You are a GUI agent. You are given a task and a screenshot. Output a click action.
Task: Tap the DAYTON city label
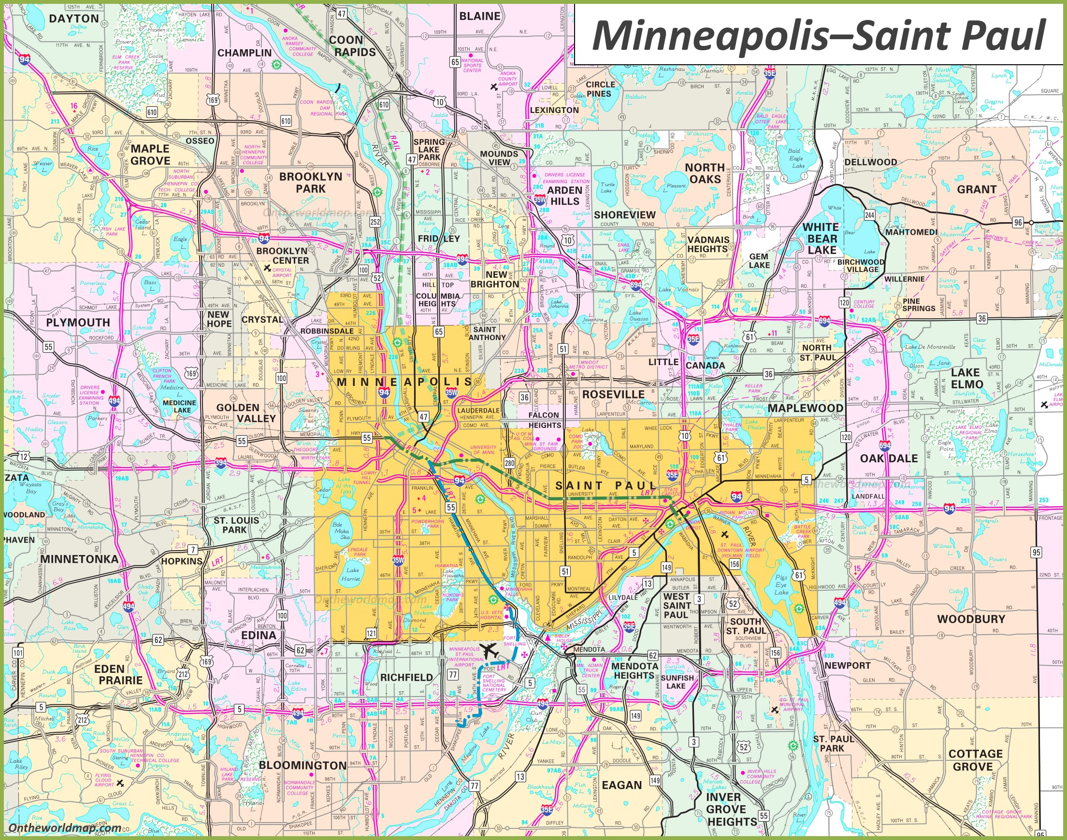(x=74, y=19)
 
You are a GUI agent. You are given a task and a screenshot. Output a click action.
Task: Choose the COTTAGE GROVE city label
(x=975, y=760)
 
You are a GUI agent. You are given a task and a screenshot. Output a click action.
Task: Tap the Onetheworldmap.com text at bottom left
(x=65, y=828)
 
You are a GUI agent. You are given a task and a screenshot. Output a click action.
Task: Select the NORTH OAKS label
(x=705, y=173)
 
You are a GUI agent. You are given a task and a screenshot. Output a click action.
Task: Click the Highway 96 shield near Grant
(x=1017, y=222)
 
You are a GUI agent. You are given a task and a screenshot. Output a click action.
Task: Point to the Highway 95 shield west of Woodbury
(x=1036, y=552)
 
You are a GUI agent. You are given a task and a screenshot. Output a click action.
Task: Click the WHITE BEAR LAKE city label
(x=821, y=239)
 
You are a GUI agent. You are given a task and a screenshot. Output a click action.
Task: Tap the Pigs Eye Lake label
(x=781, y=585)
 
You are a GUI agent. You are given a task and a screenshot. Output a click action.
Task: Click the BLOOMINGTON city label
(x=302, y=765)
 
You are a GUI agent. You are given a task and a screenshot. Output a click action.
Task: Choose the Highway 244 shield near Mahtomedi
(x=869, y=214)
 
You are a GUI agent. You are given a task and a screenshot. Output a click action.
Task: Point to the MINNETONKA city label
(x=79, y=559)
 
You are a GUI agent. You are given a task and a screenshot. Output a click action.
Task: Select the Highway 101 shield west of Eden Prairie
(x=18, y=654)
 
